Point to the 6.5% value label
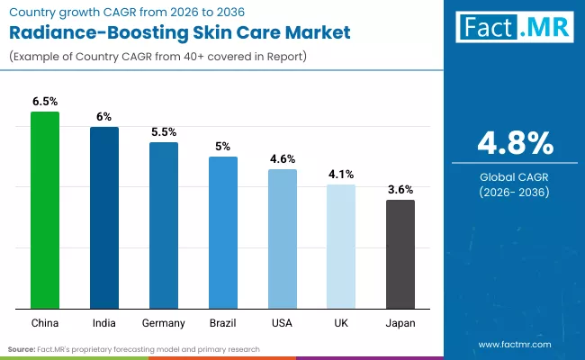click(x=45, y=102)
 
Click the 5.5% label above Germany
click(x=163, y=131)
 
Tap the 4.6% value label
click(x=282, y=159)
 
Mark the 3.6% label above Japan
click(x=400, y=189)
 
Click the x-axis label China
click(x=44, y=322)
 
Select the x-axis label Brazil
click(x=222, y=322)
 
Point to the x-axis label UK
click(x=341, y=322)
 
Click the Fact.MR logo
click(x=514, y=29)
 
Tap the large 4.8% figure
click(x=514, y=143)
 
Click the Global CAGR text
click(x=514, y=176)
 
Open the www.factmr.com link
click(x=514, y=344)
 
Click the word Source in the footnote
click(x=22, y=348)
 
